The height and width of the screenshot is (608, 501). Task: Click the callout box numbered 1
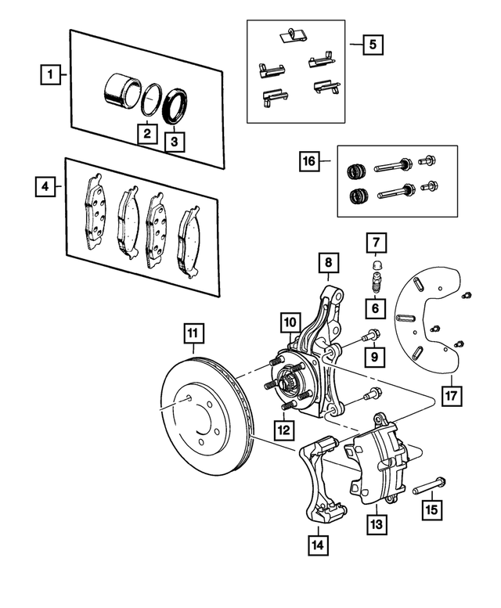click(49, 76)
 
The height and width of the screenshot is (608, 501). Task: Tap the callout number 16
click(310, 163)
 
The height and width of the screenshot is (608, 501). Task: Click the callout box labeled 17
click(451, 394)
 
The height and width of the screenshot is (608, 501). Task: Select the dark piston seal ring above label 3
click(175, 106)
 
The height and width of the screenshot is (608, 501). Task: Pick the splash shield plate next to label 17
click(427, 329)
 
